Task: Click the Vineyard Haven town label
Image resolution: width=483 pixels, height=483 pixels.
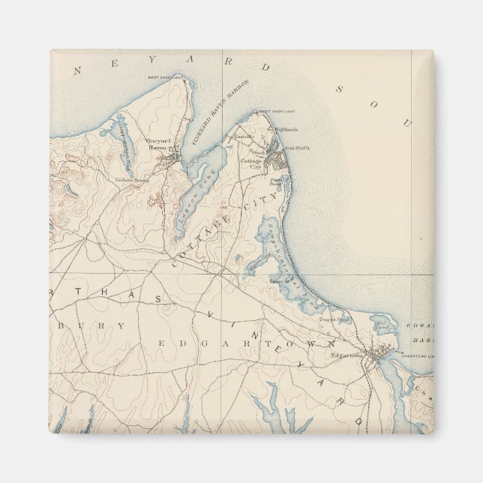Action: tap(159, 144)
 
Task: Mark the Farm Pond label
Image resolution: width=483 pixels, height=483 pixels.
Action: tap(275, 181)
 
